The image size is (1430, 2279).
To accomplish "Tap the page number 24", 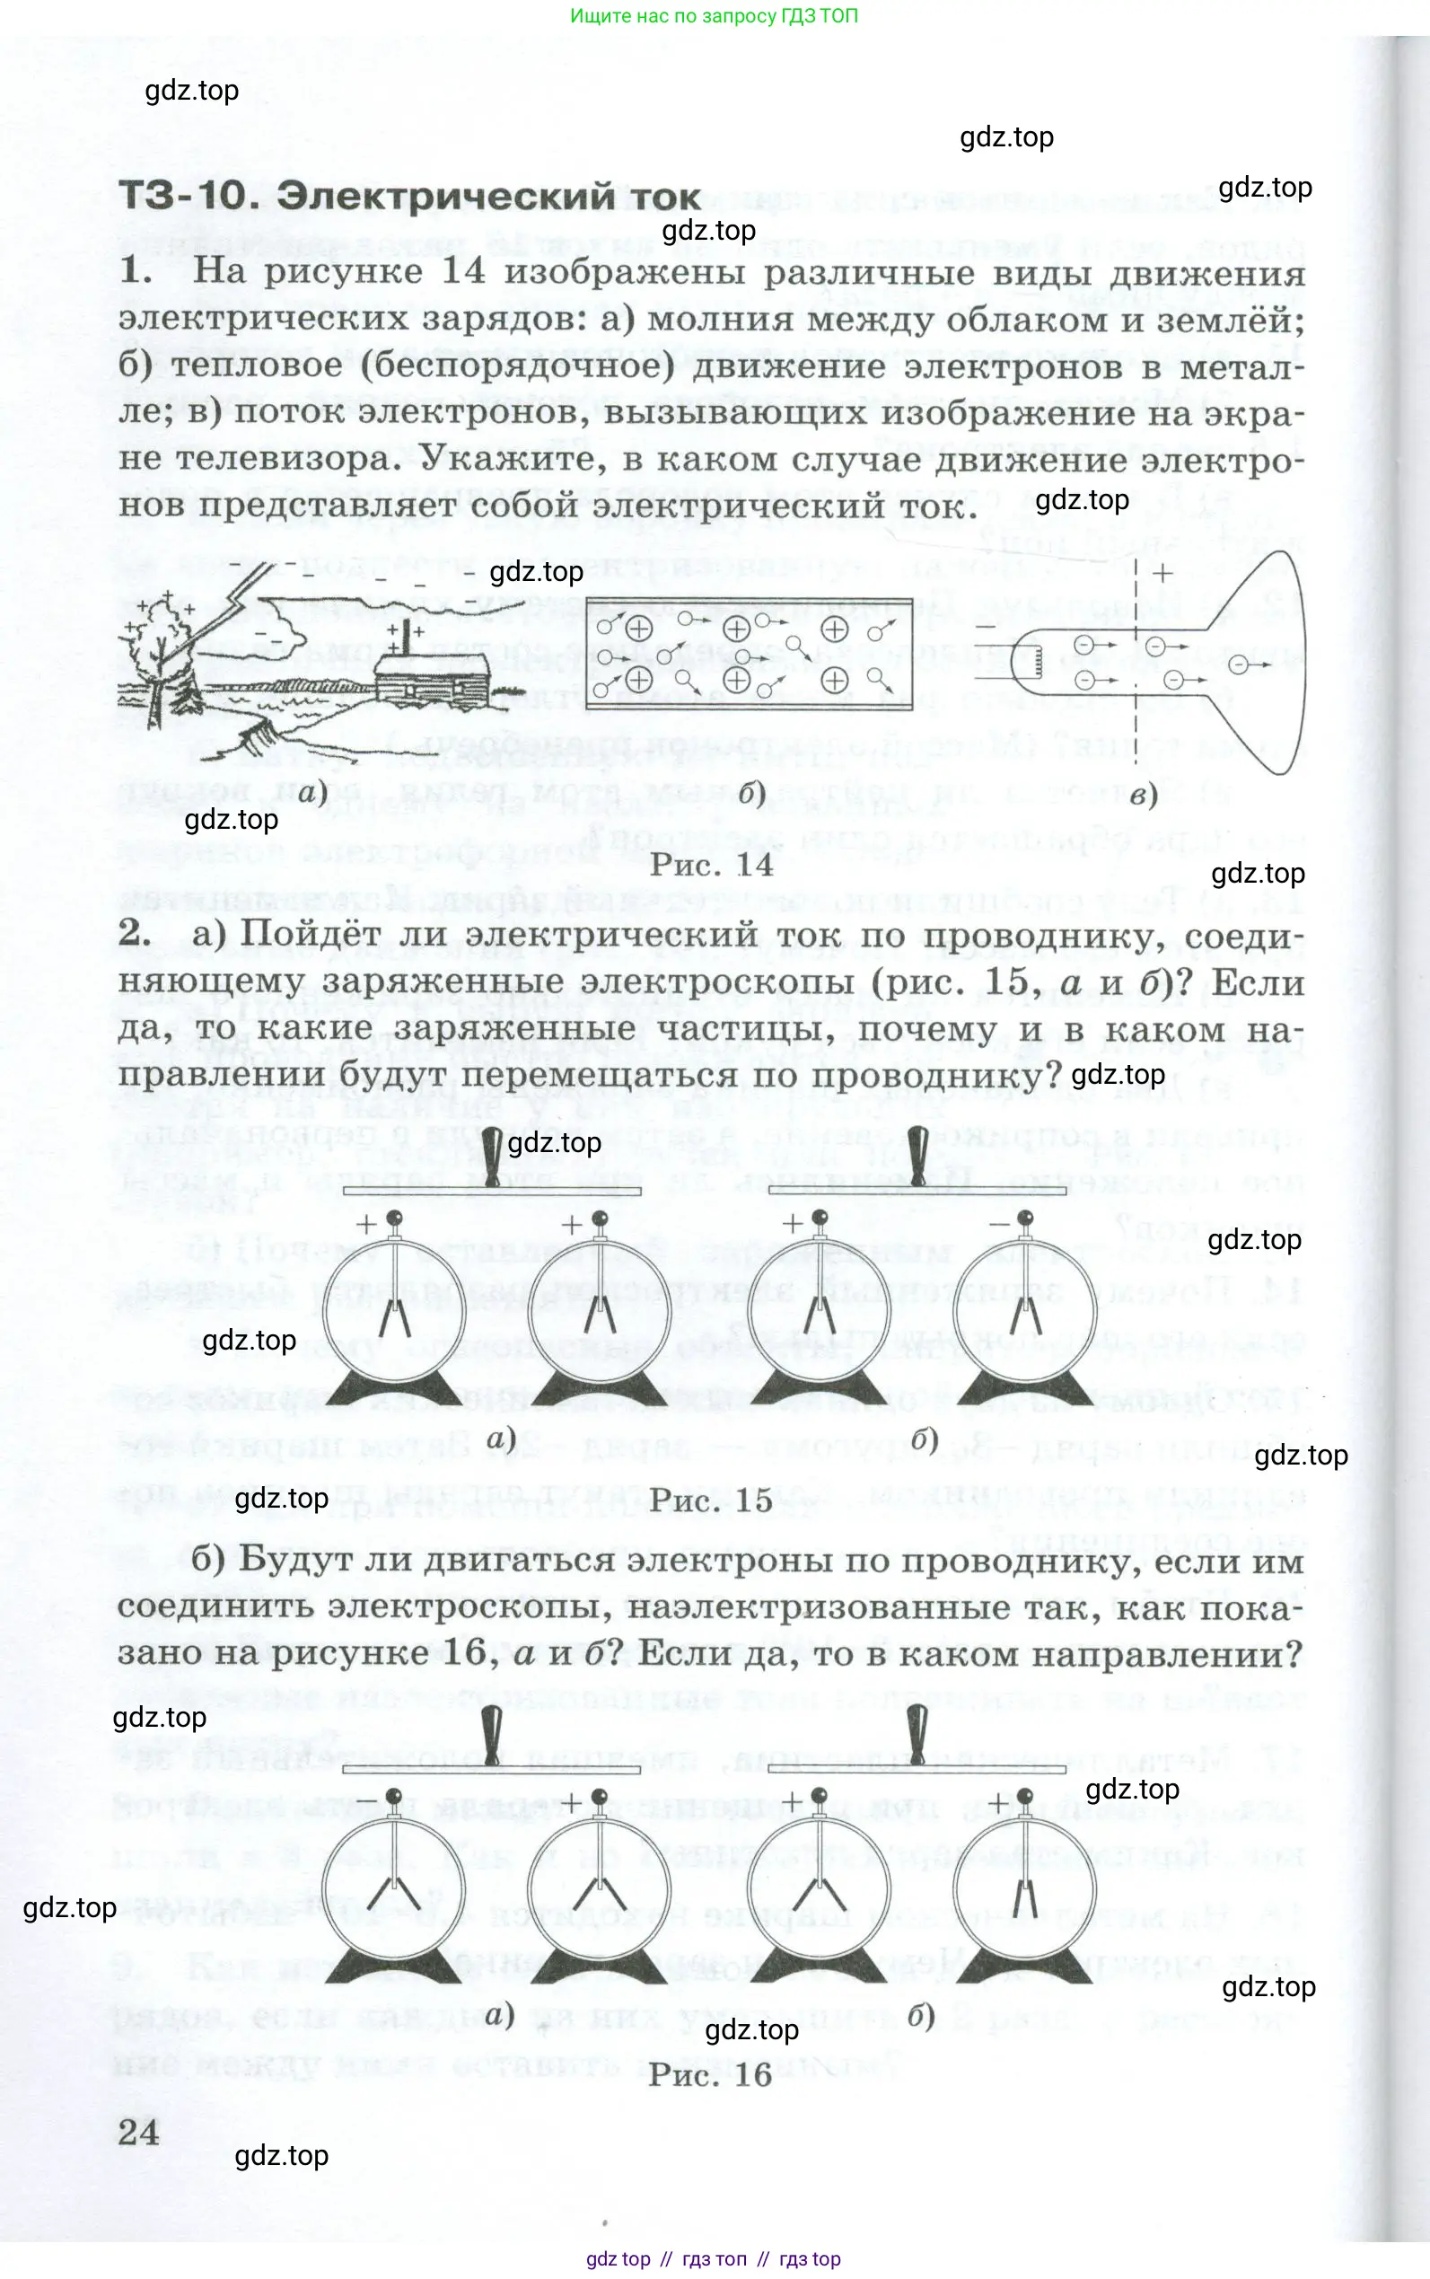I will pos(139,2132).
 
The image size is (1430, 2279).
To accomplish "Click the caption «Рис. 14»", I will pos(711,865).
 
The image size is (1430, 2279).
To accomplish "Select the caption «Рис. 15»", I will pos(711,1500).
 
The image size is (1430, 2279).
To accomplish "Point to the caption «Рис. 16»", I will pos(711,2074).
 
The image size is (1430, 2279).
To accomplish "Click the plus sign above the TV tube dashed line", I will pos(1162,573).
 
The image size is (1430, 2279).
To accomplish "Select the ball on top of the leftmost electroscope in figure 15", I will pos(395,1218).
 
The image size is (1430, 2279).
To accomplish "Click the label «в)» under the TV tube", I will pos(1144,796).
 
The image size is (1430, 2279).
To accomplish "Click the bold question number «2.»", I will pos(136,933).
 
